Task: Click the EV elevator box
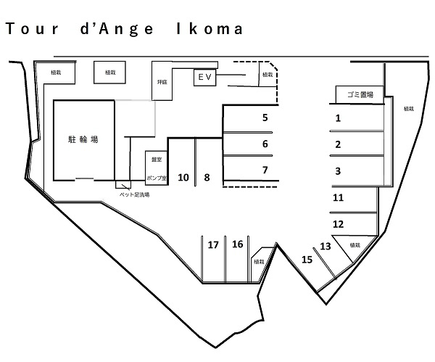pyautogui.click(x=202, y=76)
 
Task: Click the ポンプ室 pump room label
pyautogui.click(x=156, y=178)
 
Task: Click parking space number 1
pyautogui.click(x=338, y=117)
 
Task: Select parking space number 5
pyautogui.click(x=265, y=117)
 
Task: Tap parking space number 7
pyautogui.click(x=265, y=170)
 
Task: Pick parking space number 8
pyautogui.click(x=207, y=177)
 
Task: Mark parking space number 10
pyautogui.click(x=183, y=177)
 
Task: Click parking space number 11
pyautogui.click(x=338, y=197)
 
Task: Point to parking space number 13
pyautogui.click(x=326, y=247)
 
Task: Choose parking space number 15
pyautogui.click(x=307, y=259)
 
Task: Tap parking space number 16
pyautogui.click(x=237, y=244)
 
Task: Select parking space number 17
pyautogui.click(x=213, y=245)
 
